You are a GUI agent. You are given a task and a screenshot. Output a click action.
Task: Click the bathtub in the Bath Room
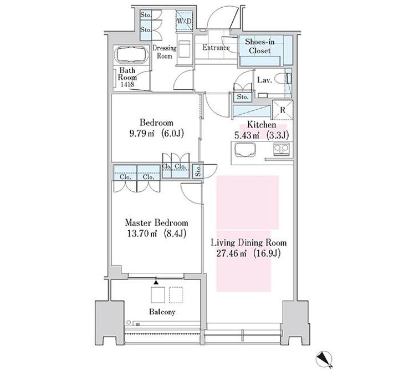131,54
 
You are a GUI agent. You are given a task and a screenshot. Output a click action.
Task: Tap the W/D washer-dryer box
184,21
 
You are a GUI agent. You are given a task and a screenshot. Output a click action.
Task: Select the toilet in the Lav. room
283,79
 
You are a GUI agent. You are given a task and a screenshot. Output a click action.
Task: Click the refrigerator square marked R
283,110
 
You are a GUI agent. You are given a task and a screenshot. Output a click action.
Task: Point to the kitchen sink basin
245,150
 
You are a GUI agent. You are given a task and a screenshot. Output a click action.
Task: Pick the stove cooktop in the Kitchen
281,149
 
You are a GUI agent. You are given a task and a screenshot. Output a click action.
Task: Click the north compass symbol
324,359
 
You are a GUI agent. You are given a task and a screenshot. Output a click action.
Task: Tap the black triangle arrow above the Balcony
156,282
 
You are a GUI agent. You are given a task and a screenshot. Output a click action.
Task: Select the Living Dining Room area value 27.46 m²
231,253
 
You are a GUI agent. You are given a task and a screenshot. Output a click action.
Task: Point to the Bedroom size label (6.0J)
172,134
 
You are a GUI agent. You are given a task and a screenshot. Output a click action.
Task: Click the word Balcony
162,312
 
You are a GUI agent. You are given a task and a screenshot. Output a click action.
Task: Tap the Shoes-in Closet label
259,46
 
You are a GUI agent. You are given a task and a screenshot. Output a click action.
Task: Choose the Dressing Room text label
165,52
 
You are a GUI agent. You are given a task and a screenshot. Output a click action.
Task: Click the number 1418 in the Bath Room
127,84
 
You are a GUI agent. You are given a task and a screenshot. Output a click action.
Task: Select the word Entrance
216,48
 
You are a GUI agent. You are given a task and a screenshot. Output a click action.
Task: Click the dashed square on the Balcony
176,295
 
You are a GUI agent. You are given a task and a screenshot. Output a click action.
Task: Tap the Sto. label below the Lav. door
243,96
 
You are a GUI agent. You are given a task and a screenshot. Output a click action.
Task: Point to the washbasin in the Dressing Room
184,49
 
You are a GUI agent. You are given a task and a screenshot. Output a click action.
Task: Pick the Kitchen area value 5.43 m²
246,135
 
